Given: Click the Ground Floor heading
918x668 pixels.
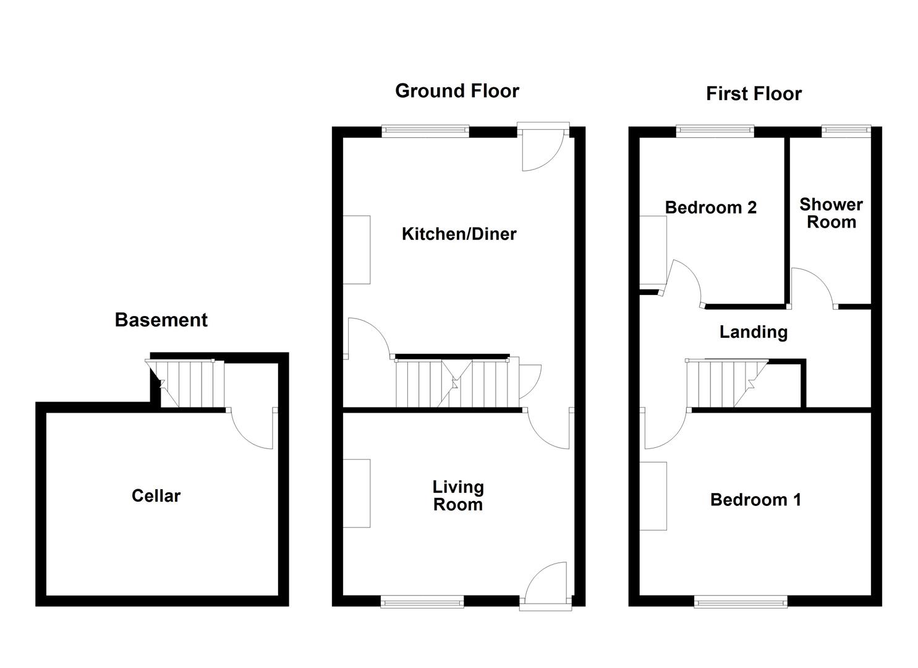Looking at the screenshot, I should click(x=457, y=91).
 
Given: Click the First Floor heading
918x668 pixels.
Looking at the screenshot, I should click(x=754, y=94).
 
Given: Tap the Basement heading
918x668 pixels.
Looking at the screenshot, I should click(x=161, y=320).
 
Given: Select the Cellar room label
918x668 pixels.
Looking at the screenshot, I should click(x=156, y=495).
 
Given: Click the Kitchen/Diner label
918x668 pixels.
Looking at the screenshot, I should click(x=459, y=234).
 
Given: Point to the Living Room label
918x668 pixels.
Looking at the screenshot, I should click(x=457, y=495).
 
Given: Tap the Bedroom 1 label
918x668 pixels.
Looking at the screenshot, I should click(x=755, y=500).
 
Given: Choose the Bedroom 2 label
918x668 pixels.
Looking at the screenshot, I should click(x=710, y=207).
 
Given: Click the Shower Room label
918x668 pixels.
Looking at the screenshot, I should click(x=831, y=213).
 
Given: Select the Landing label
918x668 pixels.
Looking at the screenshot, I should click(x=753, y=332).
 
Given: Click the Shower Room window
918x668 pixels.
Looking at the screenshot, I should click(x=846, y=131).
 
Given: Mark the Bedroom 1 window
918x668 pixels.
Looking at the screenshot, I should click(x=741, y=601).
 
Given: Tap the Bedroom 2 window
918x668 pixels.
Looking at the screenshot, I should click(x=715, y=131).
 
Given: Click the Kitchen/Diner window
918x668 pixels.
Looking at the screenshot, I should click(x=425, y=131).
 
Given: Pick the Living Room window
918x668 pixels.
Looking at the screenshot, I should click(x=422, y=601).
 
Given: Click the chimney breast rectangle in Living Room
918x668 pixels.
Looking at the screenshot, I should click(x=357, y=493).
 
